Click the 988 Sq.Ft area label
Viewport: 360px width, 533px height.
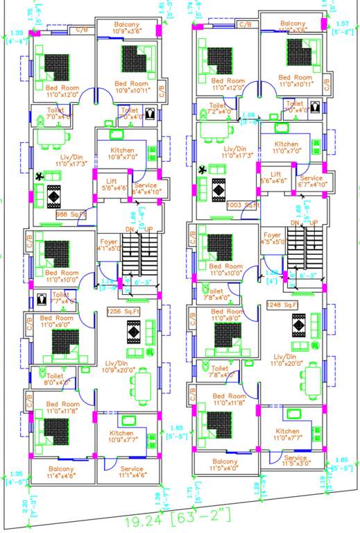click(x=71, y=215)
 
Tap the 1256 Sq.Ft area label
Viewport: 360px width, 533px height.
click(x=122, y=312)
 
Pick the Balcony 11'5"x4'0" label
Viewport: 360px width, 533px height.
click(x=225, y=466)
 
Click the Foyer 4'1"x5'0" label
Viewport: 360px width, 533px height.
click(x=108, y=242)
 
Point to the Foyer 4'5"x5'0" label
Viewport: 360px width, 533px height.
click(x=272, y=239)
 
